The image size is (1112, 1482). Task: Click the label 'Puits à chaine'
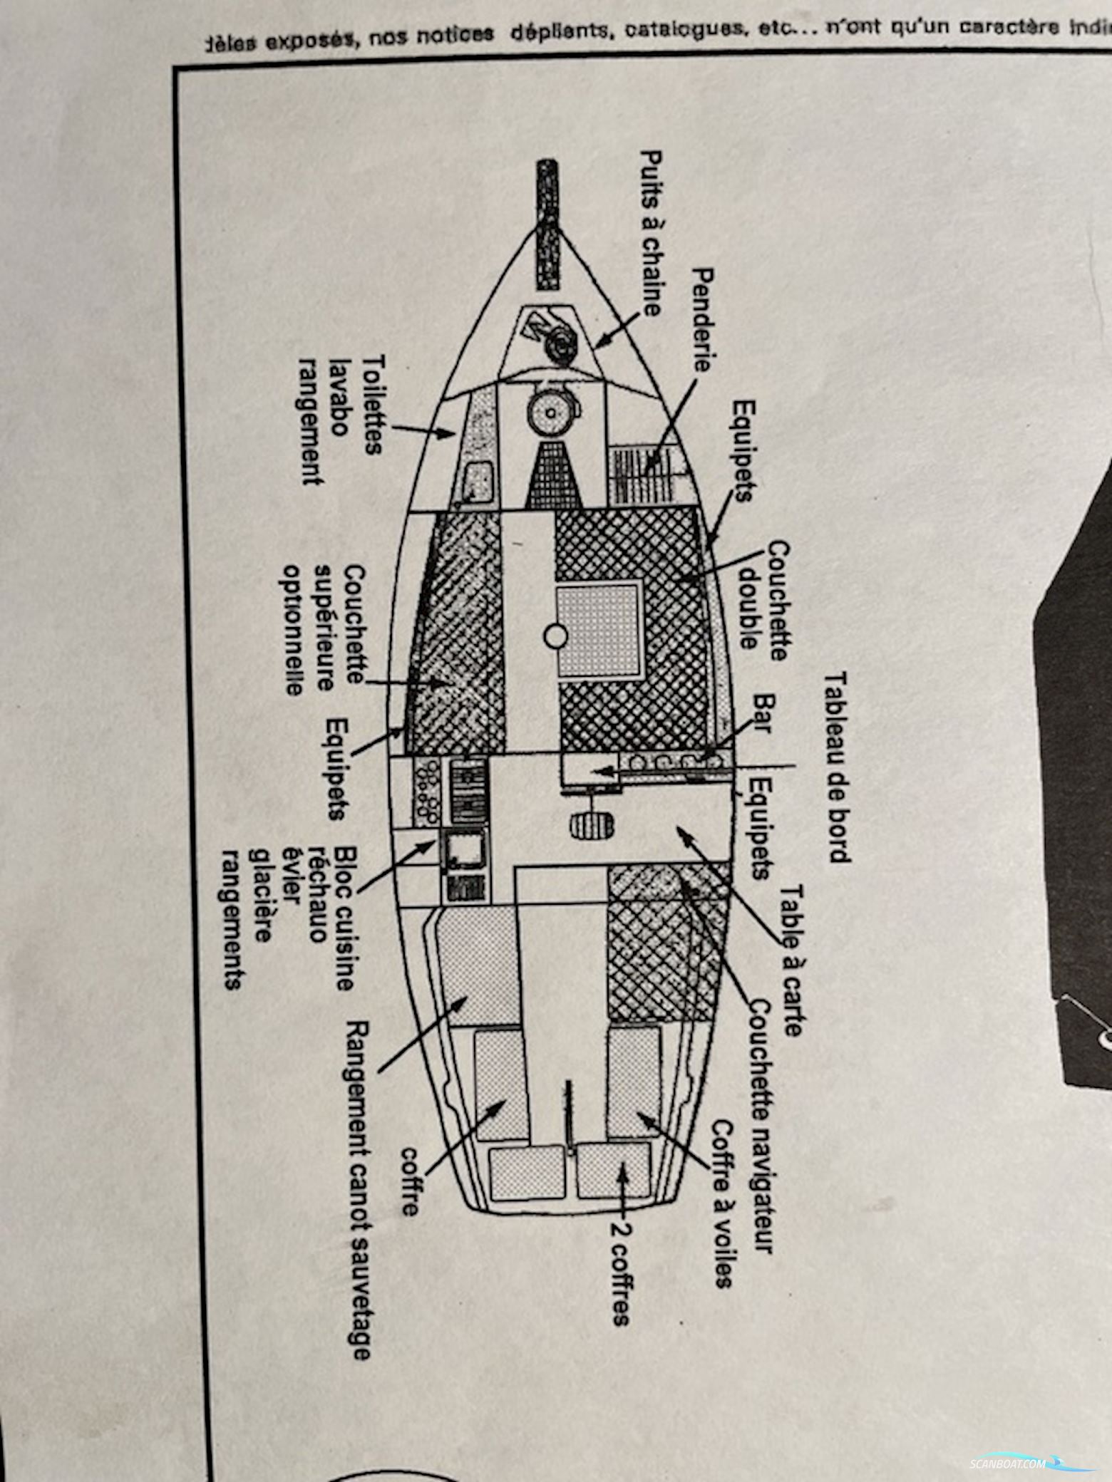(652, 232)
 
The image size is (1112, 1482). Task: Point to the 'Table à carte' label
(791, 960)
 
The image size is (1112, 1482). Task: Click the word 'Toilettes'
(372, 405)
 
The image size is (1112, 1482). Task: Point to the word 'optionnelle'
(293, 629)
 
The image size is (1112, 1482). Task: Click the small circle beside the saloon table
(556, 636)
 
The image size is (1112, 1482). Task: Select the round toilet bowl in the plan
(550, 413)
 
